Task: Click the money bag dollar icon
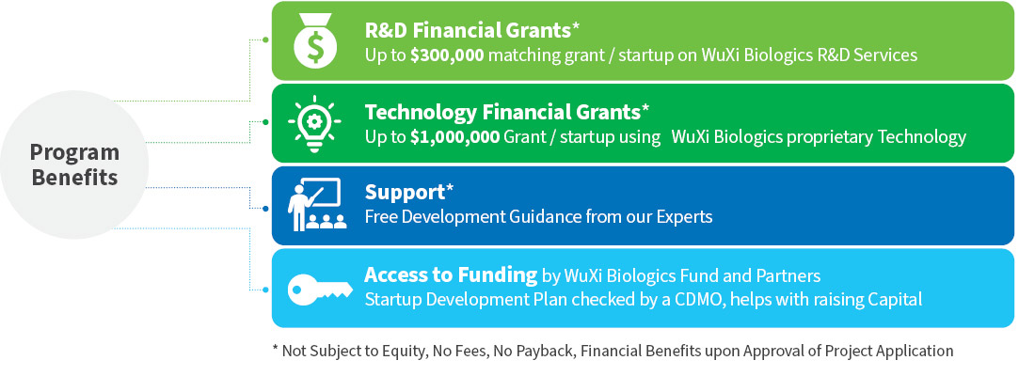315,40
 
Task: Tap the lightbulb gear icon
315,123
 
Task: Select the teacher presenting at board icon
317,205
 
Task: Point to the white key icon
321,289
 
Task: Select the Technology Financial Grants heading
502,113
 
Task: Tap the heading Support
405,194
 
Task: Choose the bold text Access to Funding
451,274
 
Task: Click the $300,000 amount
447,55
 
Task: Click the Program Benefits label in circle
74,164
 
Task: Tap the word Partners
788,276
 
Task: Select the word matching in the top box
518,55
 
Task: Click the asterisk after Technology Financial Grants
645,109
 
